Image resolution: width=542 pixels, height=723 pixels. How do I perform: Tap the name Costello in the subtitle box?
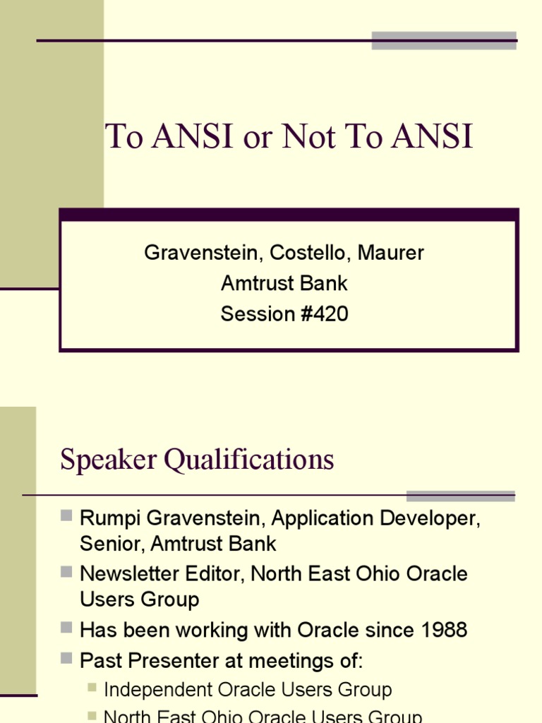pos(313,253)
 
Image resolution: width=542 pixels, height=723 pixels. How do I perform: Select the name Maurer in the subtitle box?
pos(391,253)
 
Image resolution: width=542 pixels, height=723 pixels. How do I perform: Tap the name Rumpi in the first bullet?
pos(106,518)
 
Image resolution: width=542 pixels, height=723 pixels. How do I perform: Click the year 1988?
pos(443,629)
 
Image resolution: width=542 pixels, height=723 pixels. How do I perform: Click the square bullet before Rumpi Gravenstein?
pos(67,517)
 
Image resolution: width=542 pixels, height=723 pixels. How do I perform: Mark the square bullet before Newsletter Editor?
pos(67,571)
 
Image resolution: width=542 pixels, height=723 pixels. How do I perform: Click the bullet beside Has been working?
pos(67,627)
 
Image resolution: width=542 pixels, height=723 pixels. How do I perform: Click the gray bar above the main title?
pos(444,40)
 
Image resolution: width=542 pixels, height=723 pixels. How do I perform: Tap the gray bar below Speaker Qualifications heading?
pos(460,496)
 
